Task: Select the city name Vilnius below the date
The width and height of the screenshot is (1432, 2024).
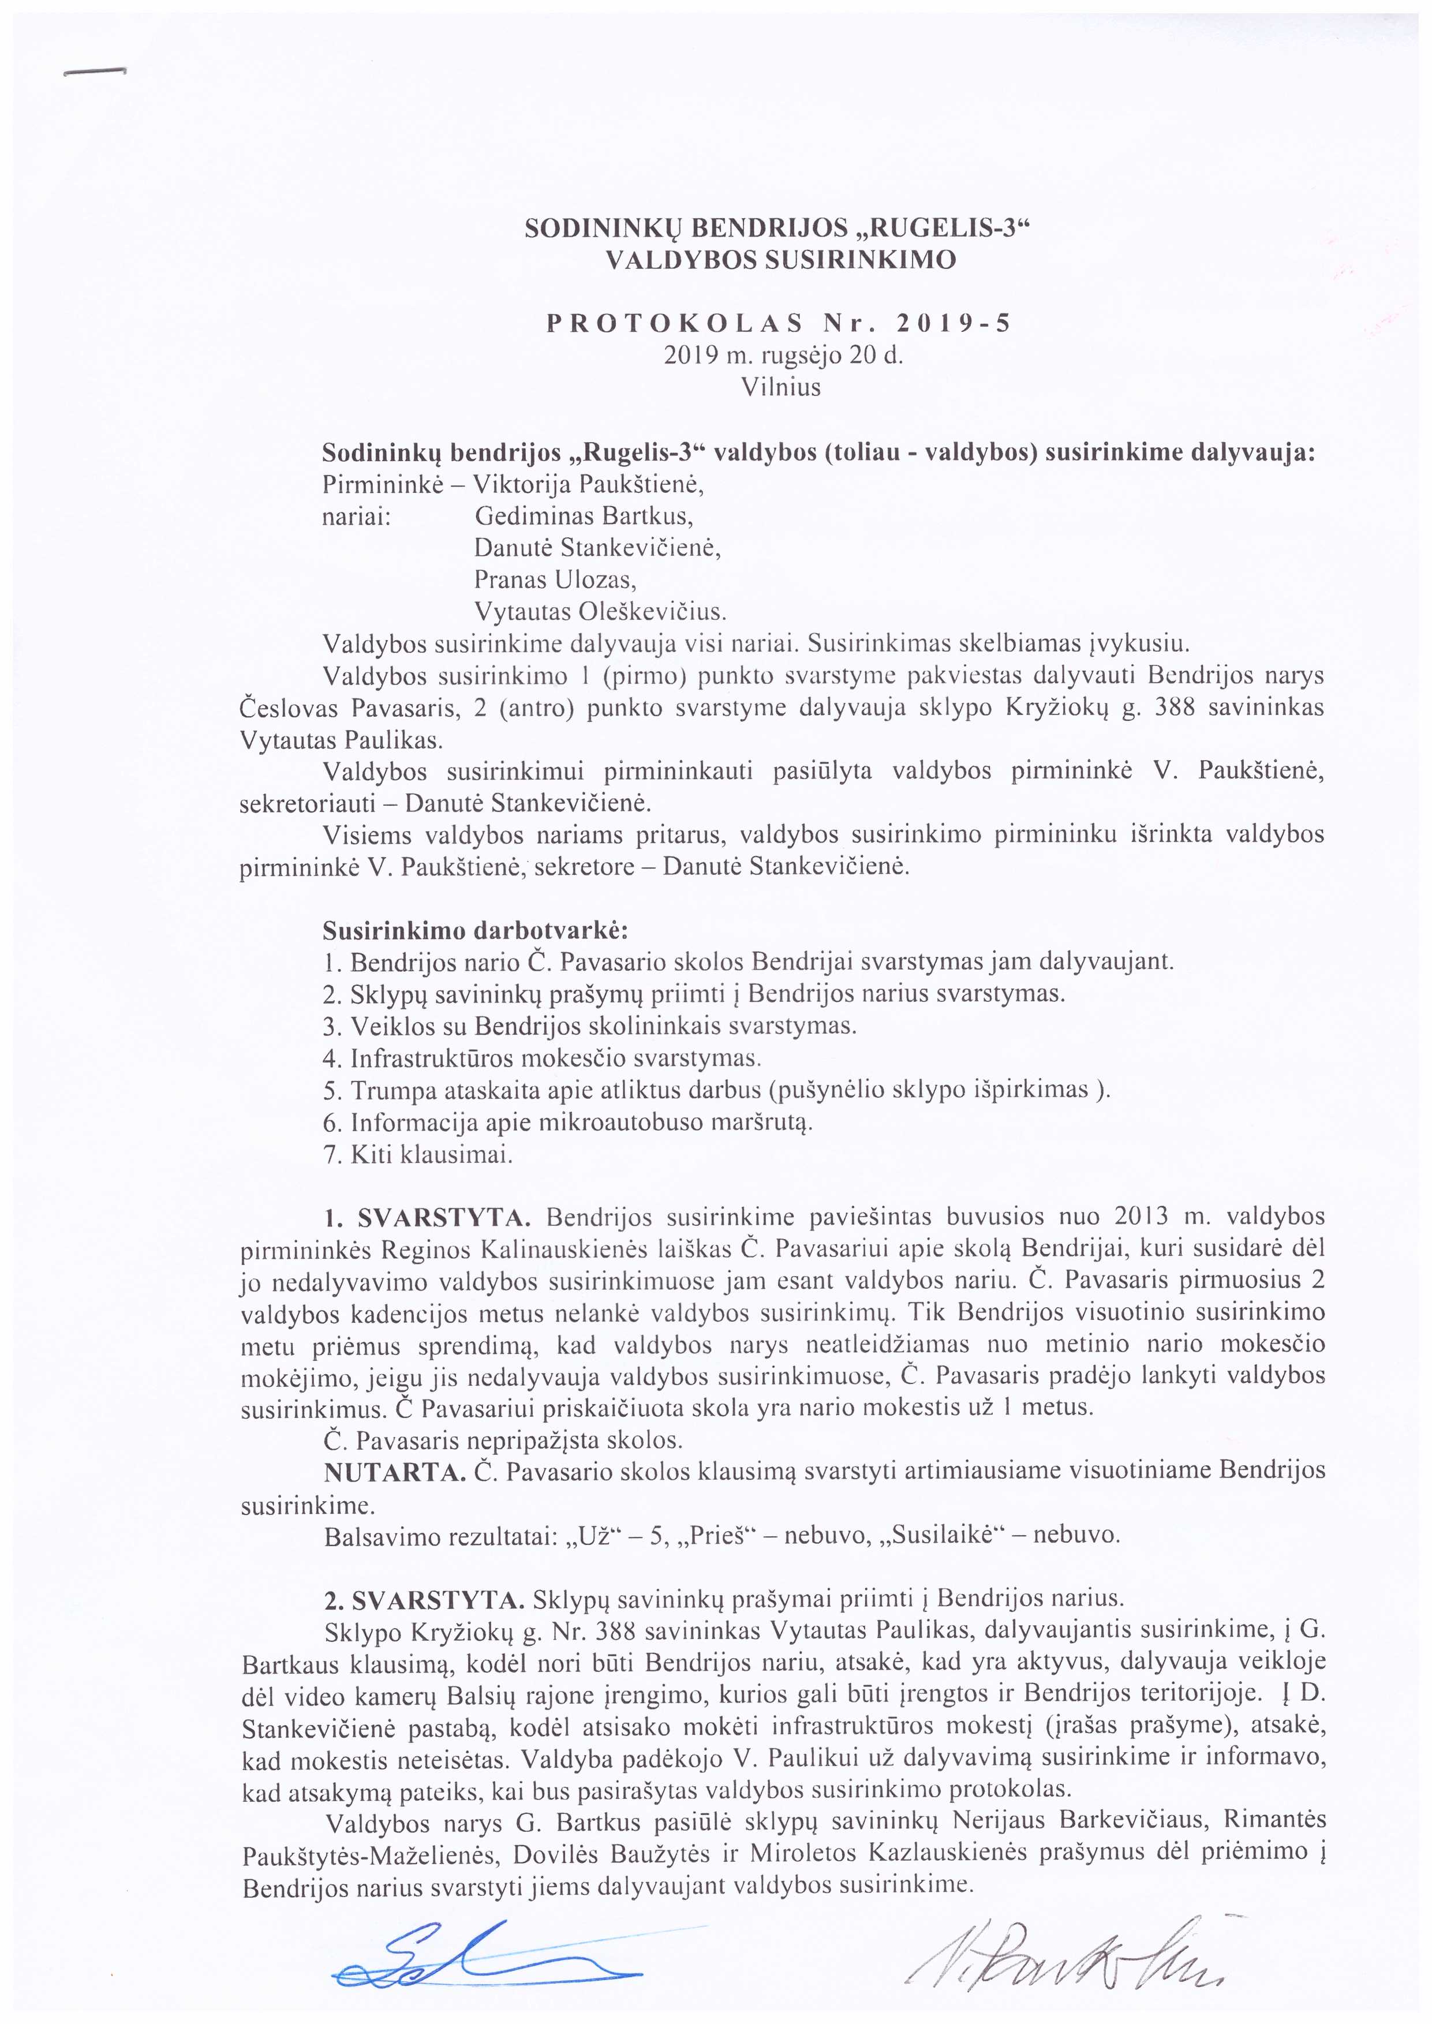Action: point(782,387)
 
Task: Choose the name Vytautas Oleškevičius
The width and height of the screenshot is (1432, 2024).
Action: point(600,611)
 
